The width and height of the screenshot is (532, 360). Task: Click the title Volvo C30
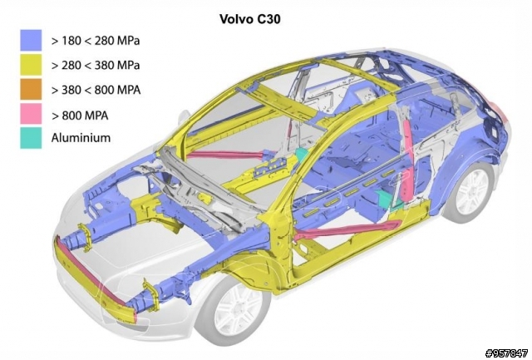[x=250, y=19]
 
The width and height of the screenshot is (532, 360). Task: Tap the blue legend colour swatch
[x=31, y=40]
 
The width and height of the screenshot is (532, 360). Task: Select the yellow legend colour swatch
[x=31, y=65]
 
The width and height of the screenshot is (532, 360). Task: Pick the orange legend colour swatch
[x=31, y=89]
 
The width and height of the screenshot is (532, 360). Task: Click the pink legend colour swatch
[x=31, y=114]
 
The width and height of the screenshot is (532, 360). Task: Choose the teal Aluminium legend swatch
[x=31, y=138]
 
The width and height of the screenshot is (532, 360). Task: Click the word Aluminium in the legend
[x=81, y=138]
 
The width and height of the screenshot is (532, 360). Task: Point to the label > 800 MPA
[x=80, y=116]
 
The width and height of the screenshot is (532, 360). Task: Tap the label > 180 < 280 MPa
[x=96, y=41]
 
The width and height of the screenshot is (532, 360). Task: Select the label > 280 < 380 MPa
[x=96, y=65]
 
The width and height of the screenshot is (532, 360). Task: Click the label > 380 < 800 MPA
[x=96, y=90]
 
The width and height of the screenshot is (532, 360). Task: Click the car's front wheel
[x=234, y=310]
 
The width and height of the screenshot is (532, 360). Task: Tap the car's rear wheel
[x=471, y=192]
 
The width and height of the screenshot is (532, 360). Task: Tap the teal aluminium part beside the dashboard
[x=300, y=154]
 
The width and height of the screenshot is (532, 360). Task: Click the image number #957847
[x=506, y=353]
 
